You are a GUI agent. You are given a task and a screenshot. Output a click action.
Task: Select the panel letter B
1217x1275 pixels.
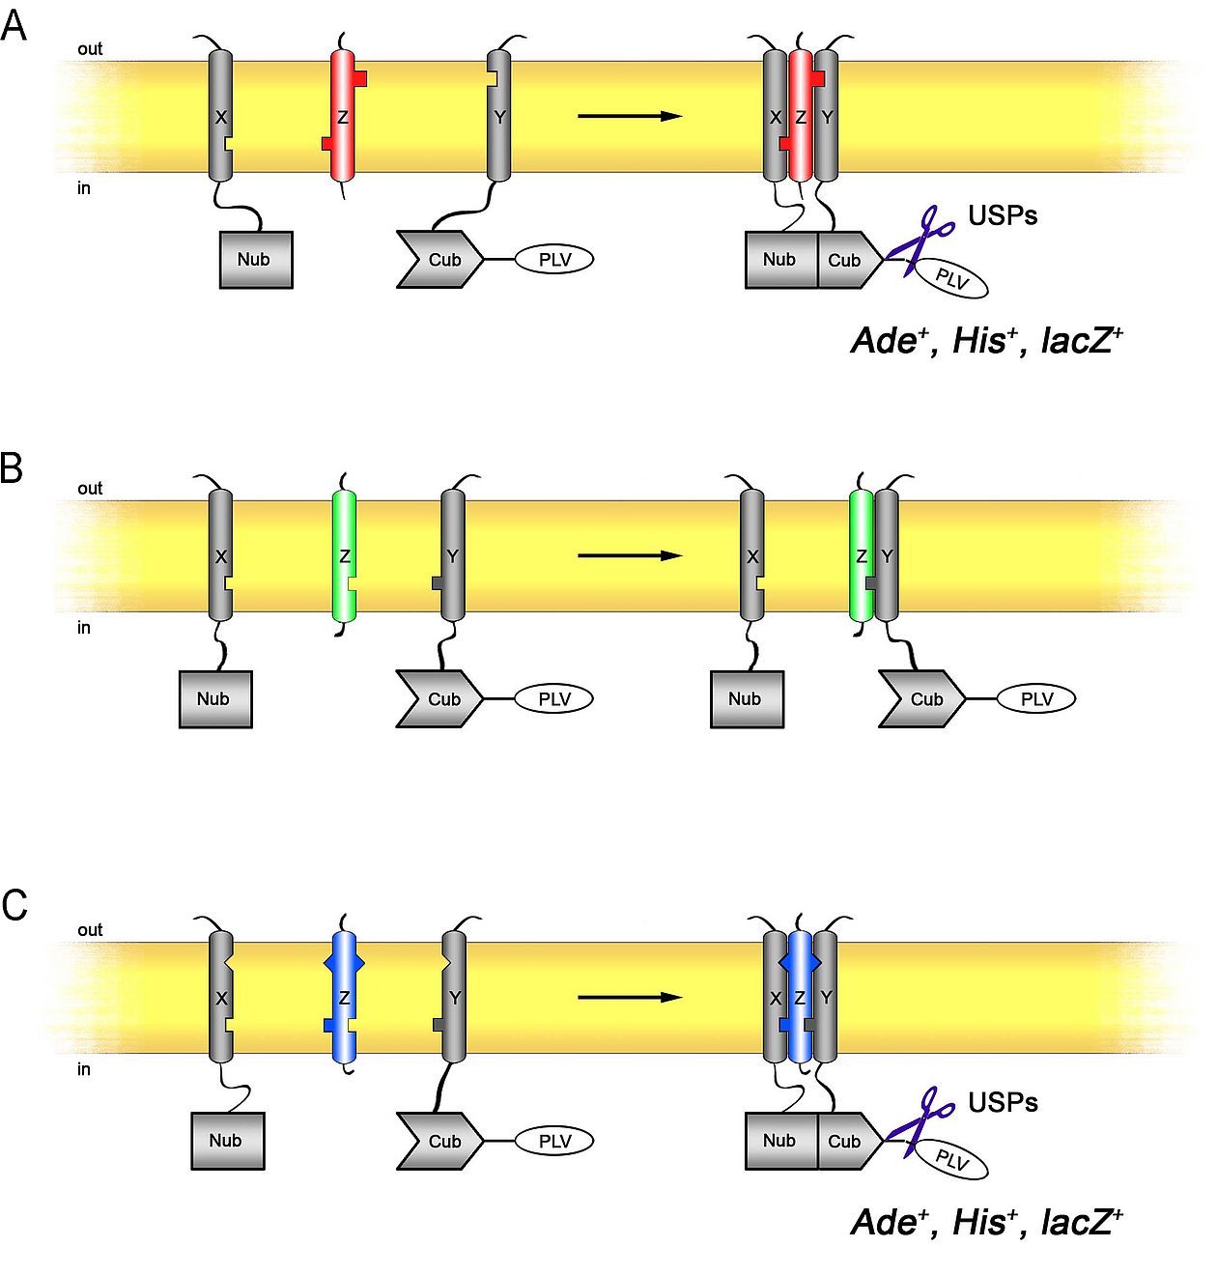[12, 467]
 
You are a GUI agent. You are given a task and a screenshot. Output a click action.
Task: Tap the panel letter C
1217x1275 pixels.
[14, 905]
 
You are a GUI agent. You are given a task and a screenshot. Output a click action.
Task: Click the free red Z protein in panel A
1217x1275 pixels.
[343, 117]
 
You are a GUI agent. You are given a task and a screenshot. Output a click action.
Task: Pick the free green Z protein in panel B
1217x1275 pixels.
[344, 556]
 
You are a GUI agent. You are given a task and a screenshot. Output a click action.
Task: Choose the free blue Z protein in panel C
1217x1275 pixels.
[344, 997]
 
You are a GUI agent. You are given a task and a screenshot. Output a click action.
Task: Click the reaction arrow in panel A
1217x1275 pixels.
[630, 116]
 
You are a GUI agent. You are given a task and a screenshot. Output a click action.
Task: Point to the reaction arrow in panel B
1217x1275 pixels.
[630, 555]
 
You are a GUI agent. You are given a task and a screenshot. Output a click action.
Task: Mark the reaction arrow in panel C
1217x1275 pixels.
[630, 997]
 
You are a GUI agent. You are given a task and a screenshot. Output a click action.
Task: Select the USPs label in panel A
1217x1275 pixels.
[1003, 215]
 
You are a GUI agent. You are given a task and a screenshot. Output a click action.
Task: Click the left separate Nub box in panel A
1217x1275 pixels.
[256, 259]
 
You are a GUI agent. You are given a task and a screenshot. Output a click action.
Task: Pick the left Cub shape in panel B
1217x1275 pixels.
[439, 698]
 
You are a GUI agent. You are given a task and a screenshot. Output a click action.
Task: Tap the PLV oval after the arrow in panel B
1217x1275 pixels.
[1036, 698]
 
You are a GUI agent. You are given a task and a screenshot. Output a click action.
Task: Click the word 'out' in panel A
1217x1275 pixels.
[90, 48]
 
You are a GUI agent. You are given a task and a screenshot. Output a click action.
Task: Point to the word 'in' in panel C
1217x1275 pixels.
[84, 1069]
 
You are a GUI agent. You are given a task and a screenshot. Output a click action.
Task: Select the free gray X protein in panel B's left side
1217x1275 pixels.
[221, 555]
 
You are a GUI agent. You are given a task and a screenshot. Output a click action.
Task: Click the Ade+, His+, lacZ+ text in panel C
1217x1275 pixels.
[986, 1222]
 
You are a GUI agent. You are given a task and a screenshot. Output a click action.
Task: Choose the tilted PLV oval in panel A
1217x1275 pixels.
[951, 279]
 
